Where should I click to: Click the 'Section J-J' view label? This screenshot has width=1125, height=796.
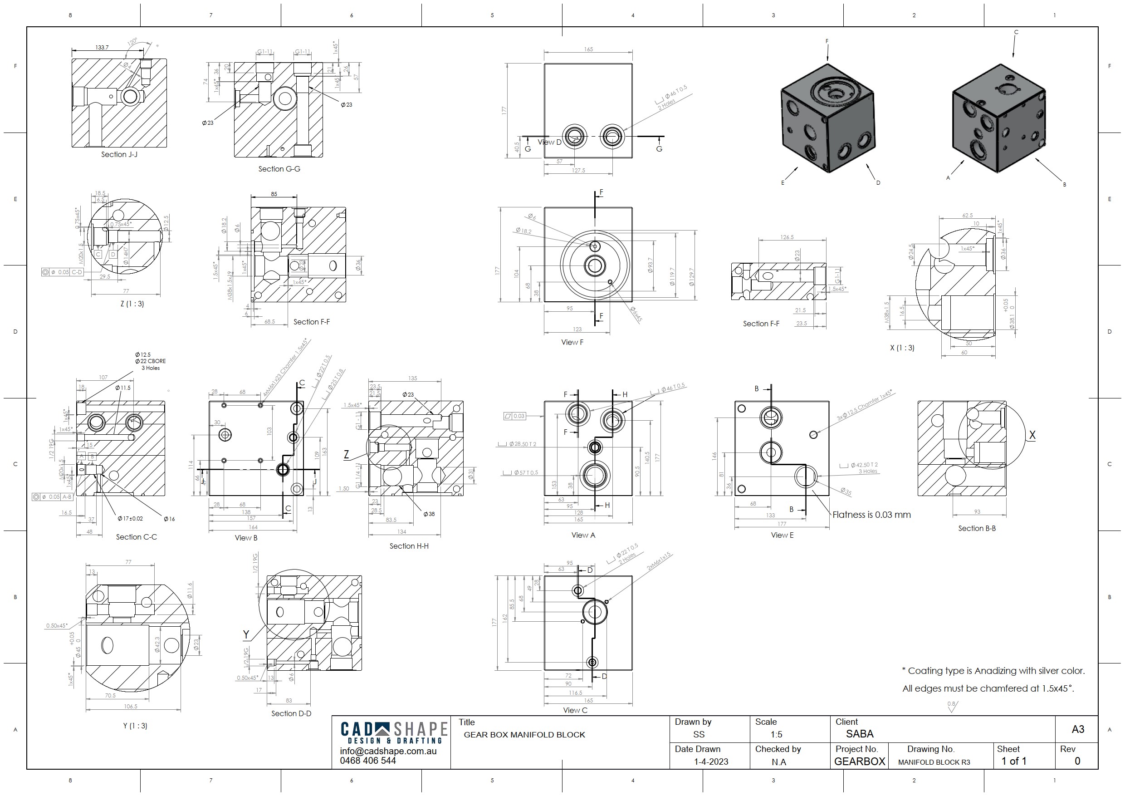click(x=119, y=154)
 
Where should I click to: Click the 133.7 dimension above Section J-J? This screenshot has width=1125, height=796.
click(x=102, y=48)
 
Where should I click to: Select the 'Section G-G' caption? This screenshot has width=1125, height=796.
click(x=279, y=169)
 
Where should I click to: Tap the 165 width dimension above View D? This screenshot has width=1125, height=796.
click(x=588, y=49)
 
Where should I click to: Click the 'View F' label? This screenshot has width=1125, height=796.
click(x=572, y=343)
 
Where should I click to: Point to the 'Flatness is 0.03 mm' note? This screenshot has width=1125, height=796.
click(x=871, y=515)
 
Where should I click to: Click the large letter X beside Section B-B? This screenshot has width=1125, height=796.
click(x=1032, y=435)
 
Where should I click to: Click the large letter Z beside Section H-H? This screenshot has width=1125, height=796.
click(x=346, y=455)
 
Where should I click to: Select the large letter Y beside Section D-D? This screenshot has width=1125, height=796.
click(x=246, y=635)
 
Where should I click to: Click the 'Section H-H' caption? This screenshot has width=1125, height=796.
click(x=409, y=546)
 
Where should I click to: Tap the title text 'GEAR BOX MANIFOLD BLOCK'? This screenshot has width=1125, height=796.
click(x=524, y=735)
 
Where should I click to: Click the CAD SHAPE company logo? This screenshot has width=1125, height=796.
click(x=393, y=733)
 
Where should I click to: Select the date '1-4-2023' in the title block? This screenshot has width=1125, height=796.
click(x=710, y=762)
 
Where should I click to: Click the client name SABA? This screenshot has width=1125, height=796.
click(x=860, y=734)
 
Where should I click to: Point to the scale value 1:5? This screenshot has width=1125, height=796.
click(x=776, y=735)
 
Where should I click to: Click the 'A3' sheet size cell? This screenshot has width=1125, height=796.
click(x=1077, y=729)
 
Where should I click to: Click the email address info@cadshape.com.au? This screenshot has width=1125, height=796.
click(x=388, y=752)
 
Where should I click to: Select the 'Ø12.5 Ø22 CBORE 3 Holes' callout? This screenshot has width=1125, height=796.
click(x=151, y=361)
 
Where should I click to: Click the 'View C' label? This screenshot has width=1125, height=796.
click(x=575, y=710)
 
